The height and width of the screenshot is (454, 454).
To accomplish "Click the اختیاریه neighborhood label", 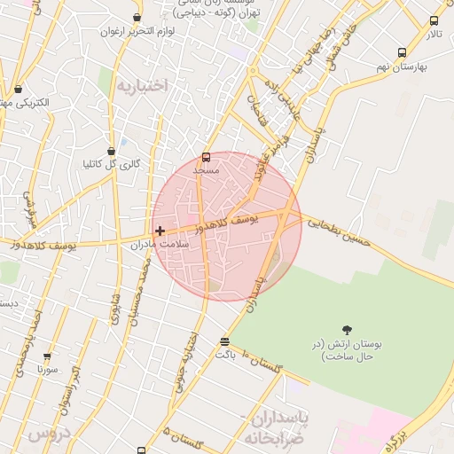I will (142, 86).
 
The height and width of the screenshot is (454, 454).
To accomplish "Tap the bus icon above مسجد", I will (207, 157).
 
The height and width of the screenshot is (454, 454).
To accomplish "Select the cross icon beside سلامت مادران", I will (160, 231).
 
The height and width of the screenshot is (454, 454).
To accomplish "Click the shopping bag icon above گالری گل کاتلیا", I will (111, 152).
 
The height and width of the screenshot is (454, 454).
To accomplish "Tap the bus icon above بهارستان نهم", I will (403, 52).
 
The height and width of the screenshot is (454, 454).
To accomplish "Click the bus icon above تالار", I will (434, 21).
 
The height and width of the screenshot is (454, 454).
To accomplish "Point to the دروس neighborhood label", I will (48, 434).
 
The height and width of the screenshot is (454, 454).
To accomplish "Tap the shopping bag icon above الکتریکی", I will (18, 89).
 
